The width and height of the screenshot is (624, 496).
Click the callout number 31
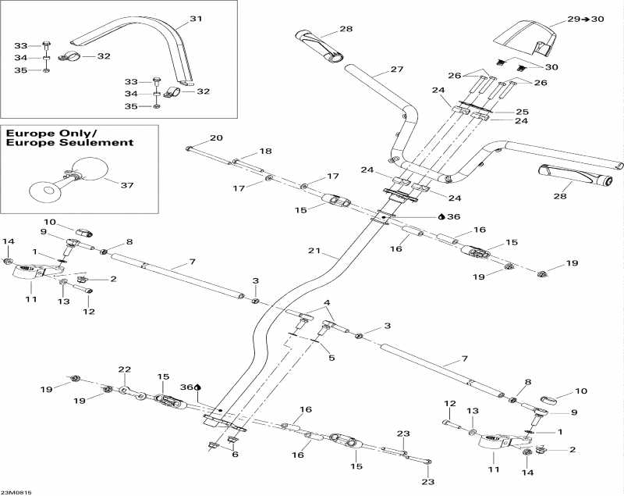pyautogui.click(x=196, y=18)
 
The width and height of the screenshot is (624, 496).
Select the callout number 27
pyautogui.click(x=397, y=70)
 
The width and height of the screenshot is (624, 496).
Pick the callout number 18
pyautogui.click(x=266, y=151)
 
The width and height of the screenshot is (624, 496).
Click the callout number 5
pyautogui.click(x=331, y=358)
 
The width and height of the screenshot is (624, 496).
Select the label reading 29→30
pyautogui.click(x=585, y=18)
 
